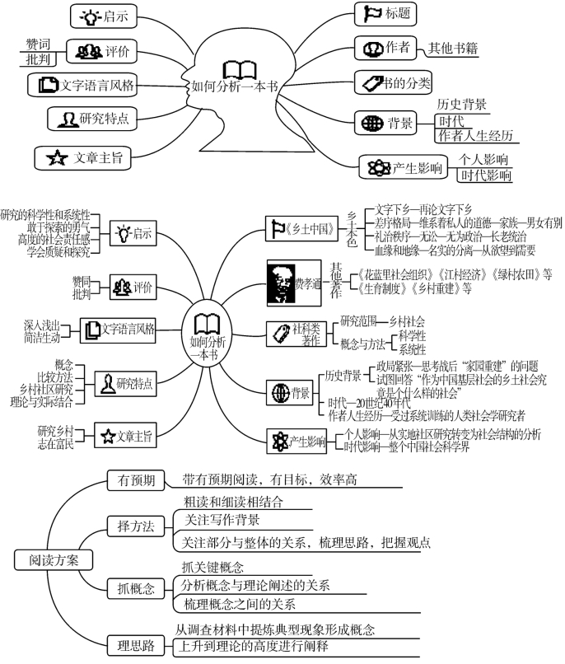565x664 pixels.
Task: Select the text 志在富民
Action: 55,444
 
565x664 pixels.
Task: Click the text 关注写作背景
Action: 222,520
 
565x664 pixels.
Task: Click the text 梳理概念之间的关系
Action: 240,605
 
